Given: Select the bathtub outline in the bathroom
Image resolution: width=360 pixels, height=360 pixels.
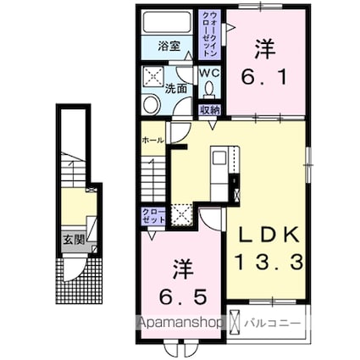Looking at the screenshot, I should pos(167,23).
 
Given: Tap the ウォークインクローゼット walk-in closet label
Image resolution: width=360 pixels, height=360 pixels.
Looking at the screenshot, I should pos(211,32).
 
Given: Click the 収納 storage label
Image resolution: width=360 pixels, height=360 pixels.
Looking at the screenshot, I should pos(209,109).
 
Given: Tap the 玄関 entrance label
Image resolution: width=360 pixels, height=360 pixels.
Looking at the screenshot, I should pos(72,241).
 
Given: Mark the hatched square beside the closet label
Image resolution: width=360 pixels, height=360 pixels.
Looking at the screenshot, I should pos(181,213).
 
